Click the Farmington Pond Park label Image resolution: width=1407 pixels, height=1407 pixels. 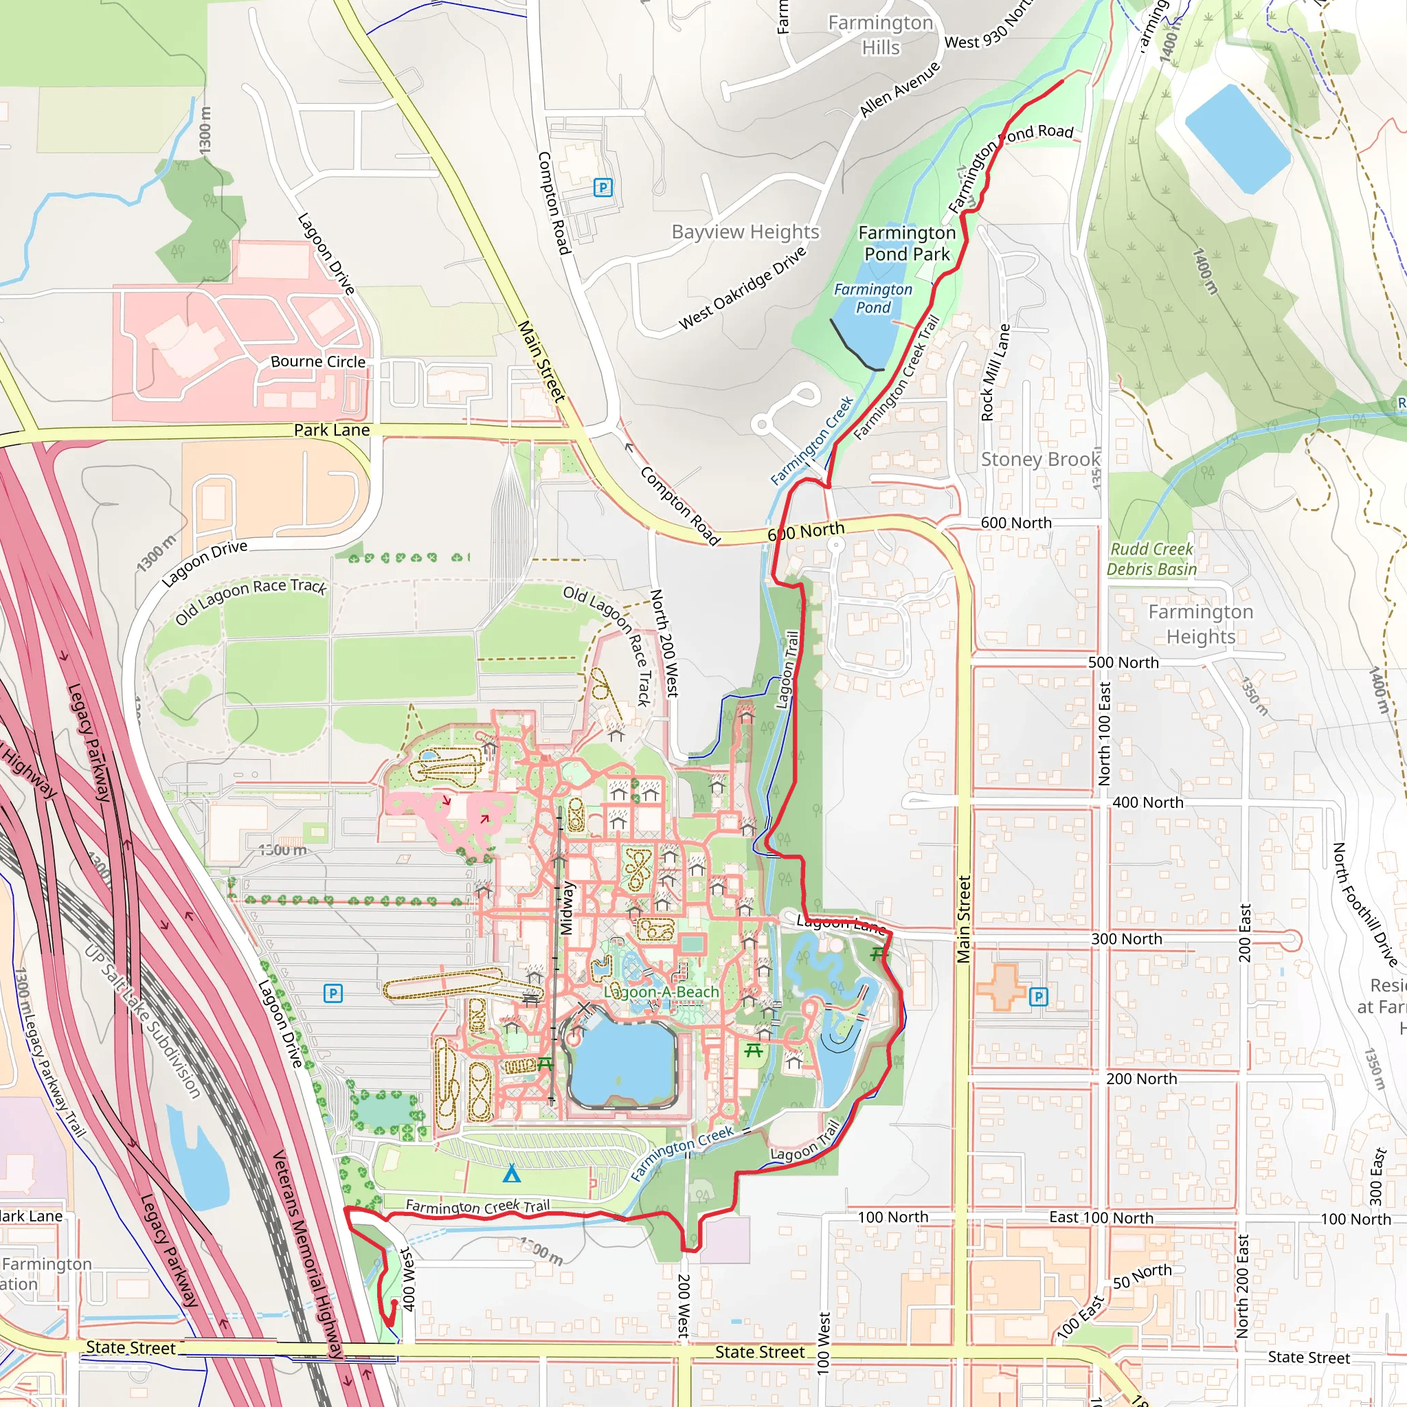pyautogui.click(x=907, y=243)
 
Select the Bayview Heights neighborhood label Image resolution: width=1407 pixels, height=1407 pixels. pyautogui.click(x=745, y=232)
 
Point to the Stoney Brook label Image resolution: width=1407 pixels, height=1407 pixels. pyautogui.click(x=1040, y=460)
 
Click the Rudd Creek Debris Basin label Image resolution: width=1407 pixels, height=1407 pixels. pyautogui.click(x=1151, y=559)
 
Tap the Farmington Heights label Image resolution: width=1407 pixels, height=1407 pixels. pyautogui.click(x=1201, y=624)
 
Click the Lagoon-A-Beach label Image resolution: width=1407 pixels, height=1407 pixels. pyautogui.click(x=662, y=992)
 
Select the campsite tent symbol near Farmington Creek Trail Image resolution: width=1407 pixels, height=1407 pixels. pyautogui.click(x=512, y=1174)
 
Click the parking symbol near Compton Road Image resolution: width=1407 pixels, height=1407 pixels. pyautogui.click(x=603, y=188)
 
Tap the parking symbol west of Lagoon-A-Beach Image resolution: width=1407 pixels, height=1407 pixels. pyautogui.click(x=333, y=993)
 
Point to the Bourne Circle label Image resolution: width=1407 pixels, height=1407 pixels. pyautogui.click(x=318, y=361)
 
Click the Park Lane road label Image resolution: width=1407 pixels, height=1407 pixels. pyautogui.click(x=331, y=430)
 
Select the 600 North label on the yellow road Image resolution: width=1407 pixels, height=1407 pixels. pyautogui.click(x=805, y=532)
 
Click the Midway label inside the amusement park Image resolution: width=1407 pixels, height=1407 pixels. pyautogui.click(x=567, y=908)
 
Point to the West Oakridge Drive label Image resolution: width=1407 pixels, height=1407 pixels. pyautogui.click(x=742, y=289)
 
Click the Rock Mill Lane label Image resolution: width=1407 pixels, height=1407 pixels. pyautogui.click(x=995, y=372)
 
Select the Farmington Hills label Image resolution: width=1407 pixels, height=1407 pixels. pyautogui.click(x=881, y=35)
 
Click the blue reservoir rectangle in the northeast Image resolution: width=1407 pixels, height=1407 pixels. pyautogui.click(x=1237, y=138)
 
